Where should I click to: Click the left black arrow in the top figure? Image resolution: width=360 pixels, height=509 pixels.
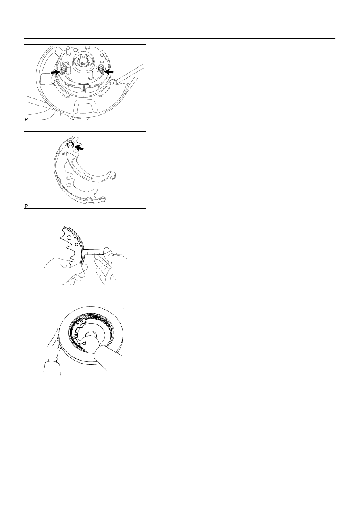56,72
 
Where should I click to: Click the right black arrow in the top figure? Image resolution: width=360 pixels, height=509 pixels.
109,72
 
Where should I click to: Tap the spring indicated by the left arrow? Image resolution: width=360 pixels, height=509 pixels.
64,69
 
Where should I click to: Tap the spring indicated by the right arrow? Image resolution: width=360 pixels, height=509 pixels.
101,69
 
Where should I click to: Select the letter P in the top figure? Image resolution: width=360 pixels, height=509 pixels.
26,119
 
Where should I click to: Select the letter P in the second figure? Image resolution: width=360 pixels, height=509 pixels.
26,206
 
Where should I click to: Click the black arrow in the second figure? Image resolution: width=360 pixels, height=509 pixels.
79,148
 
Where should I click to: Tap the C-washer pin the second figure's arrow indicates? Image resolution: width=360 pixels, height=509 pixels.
71,144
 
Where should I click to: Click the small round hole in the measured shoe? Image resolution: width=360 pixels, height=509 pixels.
77,245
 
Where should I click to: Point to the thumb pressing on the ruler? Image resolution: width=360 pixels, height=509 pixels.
108,252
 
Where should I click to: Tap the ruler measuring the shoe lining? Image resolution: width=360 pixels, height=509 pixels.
102,252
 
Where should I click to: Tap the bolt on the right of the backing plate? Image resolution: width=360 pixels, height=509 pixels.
113,81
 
